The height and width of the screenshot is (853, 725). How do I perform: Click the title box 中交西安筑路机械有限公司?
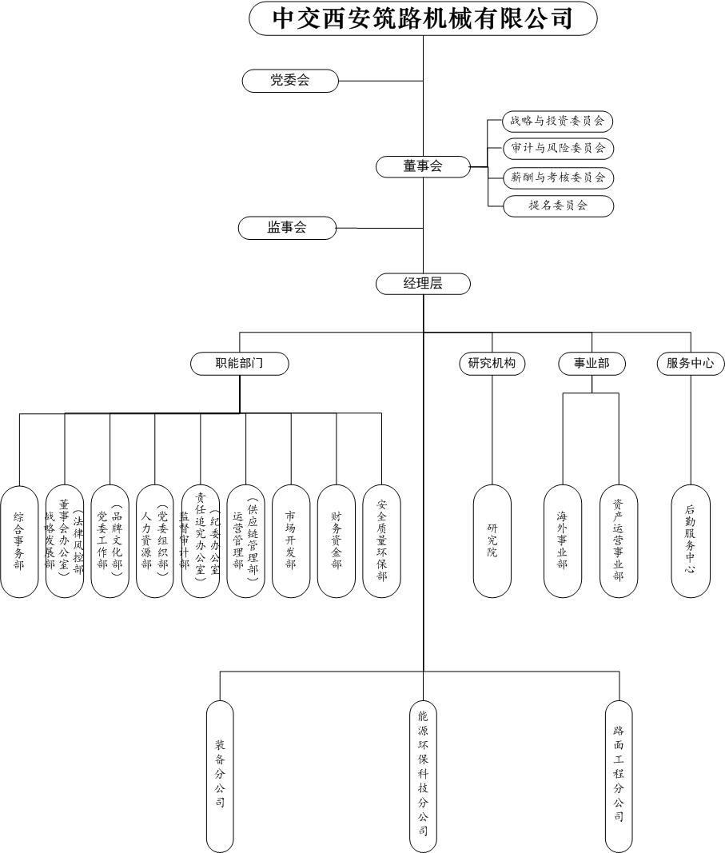pos(423,18)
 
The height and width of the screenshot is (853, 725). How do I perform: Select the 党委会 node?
pos(289,80)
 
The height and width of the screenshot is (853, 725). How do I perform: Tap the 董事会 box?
pos(423,166)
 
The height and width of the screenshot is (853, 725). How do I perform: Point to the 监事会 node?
pos(287,228)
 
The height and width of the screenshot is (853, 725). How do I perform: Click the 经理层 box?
pos(423,284)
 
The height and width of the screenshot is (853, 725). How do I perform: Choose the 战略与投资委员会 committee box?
pos(558,122)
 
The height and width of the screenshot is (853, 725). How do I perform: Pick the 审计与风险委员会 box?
pos(558,148)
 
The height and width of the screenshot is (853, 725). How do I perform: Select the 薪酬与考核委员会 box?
pos(558,177)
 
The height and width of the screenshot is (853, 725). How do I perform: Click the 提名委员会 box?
pos(558,205)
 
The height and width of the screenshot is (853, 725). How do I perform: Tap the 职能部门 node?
pos(240,364)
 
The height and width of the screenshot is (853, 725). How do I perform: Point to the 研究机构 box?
pos(492,364)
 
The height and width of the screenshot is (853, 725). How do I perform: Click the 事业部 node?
pos(592,364)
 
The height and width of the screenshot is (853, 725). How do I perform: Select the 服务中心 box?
pos(691,364)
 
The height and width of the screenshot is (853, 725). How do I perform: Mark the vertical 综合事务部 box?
pos(19,541)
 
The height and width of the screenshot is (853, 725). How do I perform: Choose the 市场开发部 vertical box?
pos(291,541)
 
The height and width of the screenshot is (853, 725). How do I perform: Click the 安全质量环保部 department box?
pos(381,541)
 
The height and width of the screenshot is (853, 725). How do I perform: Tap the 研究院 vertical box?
pos(492,541)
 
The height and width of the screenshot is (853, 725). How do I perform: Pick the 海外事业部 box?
pos(563,541)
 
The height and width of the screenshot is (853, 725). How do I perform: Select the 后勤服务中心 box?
pos(691,541)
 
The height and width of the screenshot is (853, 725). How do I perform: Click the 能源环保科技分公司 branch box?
pos(423,775)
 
